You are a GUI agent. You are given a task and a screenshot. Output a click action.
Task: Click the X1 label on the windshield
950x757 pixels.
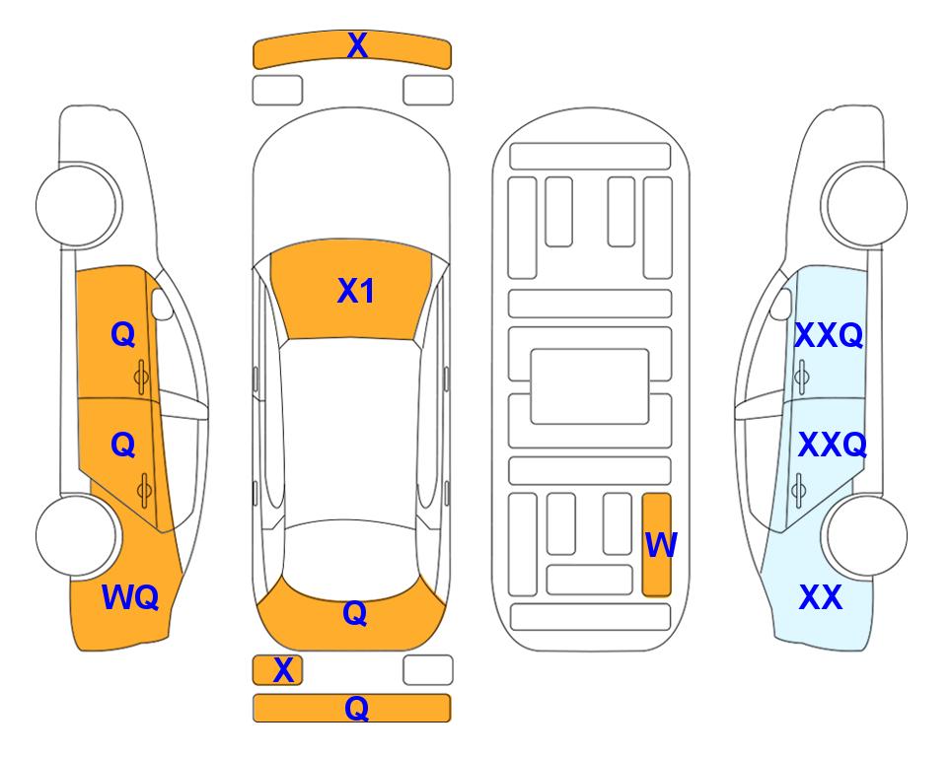[356, 291]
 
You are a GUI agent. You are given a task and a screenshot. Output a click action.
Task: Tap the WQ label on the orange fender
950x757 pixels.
[130, 597]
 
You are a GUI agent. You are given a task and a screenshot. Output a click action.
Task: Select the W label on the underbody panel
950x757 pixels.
[660, 544]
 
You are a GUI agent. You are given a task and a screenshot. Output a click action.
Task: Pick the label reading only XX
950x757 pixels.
[821, 597]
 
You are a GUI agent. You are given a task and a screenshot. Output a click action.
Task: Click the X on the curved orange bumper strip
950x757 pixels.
[357, 45]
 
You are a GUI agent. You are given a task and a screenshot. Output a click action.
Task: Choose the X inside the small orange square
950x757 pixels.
[283, 670]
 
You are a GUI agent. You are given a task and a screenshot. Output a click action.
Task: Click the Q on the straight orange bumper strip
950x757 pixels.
[356, 708]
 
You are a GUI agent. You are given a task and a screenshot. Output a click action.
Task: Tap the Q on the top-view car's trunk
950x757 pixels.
[354, 613]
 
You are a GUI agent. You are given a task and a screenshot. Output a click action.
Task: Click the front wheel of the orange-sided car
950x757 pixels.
[78, 205]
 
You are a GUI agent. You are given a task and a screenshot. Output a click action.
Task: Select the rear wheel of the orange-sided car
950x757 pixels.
[78, 535]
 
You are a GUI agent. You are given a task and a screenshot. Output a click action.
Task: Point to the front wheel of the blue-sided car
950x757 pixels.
[864, 205]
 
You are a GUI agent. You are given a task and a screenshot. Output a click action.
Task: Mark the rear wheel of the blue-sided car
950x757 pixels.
[864, 535]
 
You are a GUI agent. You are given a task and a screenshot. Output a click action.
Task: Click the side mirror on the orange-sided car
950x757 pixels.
[161, 304]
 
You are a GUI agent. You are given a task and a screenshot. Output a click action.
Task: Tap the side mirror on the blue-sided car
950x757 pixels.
[781, 304]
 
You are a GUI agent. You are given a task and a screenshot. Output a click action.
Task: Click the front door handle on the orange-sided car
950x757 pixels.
[142, 378]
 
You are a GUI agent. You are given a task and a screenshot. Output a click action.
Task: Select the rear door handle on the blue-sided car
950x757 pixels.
[799, 490]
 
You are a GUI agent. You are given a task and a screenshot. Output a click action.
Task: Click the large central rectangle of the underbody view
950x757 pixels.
[590, 386]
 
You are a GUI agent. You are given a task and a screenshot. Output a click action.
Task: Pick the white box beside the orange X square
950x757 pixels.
[428, 670]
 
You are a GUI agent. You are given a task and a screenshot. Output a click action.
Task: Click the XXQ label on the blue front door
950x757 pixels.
[829, 335]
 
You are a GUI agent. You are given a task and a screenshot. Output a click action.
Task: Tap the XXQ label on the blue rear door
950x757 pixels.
[833, 445]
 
